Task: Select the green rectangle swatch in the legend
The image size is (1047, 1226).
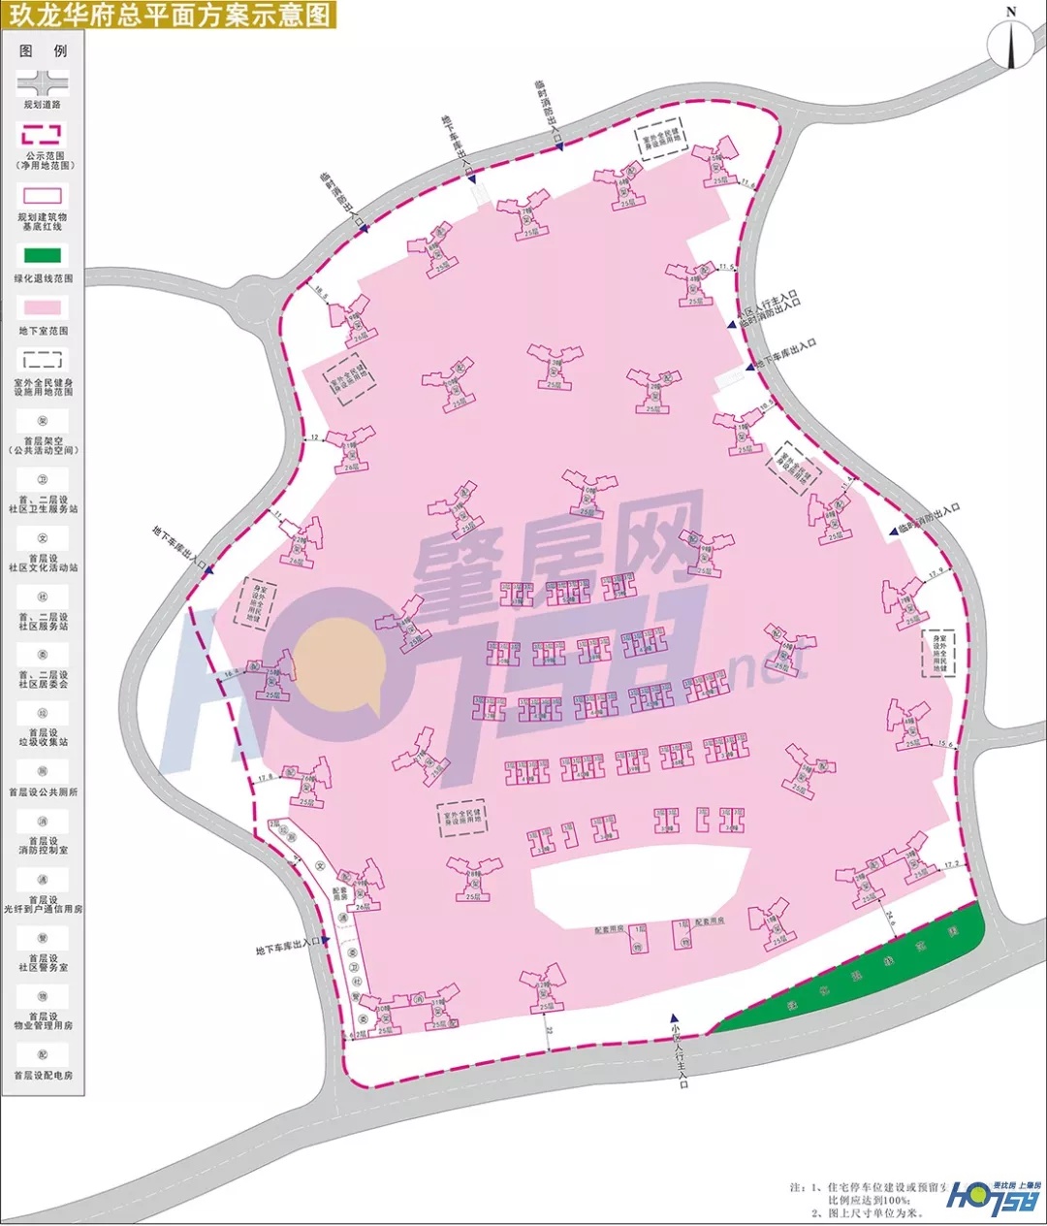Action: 43,256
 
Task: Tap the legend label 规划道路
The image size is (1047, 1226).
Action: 43,104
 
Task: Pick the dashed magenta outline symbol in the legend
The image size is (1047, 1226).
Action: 43,134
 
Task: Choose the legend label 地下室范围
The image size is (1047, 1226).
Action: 43,331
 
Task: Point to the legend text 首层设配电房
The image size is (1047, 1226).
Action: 43,1075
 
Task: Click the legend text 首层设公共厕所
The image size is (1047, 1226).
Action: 43,791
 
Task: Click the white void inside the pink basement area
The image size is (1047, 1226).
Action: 640,883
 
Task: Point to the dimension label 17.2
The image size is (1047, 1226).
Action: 950,863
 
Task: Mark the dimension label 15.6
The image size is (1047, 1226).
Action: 945,744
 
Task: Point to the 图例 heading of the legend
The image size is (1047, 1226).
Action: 43,50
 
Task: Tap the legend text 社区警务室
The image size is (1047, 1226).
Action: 43,967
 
